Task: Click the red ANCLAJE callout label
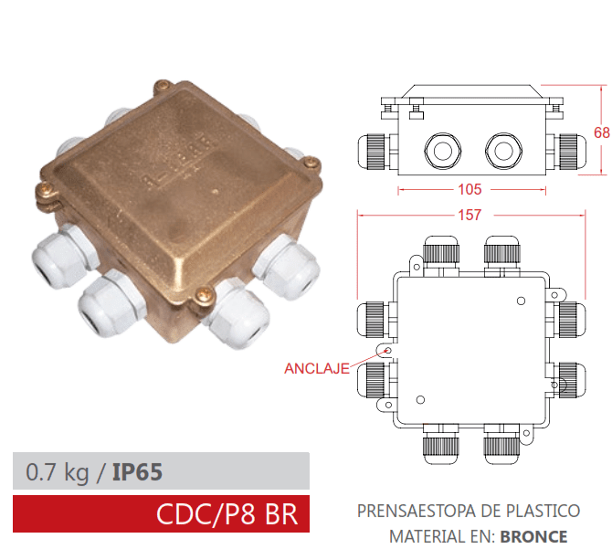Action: (316, 369)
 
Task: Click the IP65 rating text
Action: (137, 472)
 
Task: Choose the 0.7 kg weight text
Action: (58, 472)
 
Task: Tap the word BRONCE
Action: (533, 536)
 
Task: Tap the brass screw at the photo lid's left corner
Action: (43, 191)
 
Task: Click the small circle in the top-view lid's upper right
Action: (521, 300)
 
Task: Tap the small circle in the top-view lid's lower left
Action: (421, 398)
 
